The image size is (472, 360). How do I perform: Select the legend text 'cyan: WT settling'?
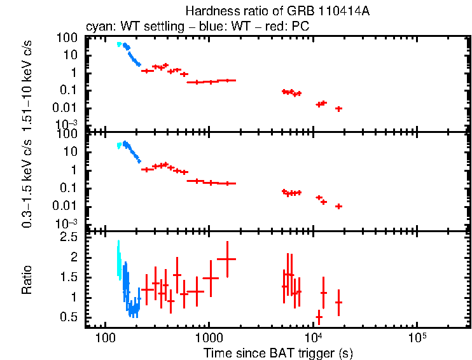(127, 27)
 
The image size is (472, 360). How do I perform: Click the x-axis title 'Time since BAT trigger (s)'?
(278, 352)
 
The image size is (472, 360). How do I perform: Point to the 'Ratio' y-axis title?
(27, 280)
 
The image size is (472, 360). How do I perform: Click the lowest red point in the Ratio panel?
(319, 317)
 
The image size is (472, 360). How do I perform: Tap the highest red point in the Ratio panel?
(226, 259)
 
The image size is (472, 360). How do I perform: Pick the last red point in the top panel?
(339, 109)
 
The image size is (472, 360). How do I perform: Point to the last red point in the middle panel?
(339, 206)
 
